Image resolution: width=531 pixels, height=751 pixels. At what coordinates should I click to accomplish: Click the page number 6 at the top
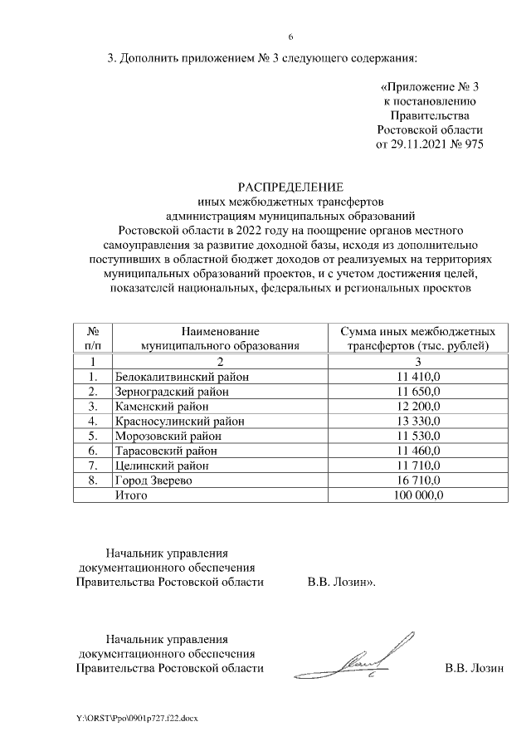point(290,37)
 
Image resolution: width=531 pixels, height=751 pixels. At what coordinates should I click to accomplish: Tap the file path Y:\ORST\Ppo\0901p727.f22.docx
point(137,716)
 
